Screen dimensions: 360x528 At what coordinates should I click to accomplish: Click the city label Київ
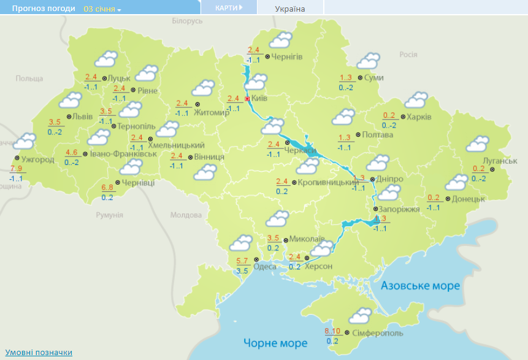tap(259, 98)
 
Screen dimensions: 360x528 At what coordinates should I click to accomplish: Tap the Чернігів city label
tap(286, 56)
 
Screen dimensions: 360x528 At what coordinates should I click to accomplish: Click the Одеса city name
tap(265, 266)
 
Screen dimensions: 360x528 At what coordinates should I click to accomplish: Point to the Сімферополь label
tap(378, 333)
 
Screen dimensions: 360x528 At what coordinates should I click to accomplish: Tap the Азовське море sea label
tap(420, 286)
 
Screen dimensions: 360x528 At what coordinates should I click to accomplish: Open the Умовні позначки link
tap(39, 352)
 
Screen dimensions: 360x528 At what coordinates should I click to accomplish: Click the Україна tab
tap(290, 9)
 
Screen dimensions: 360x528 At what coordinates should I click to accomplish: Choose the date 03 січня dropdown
tap(102, 9)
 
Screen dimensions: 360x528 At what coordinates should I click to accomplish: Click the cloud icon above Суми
tap(369, 61)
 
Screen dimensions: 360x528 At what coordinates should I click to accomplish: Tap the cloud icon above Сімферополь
tap(360, 315)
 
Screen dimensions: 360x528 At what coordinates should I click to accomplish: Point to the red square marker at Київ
tap(247, 98)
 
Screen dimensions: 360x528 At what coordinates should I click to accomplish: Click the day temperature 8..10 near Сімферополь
tap(332, 332)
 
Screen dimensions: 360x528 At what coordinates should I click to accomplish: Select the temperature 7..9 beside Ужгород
tap(16, 169)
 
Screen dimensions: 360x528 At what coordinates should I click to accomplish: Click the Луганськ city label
tap(500, 160)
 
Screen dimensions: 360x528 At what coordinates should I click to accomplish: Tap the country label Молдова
tap(186, 215)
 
